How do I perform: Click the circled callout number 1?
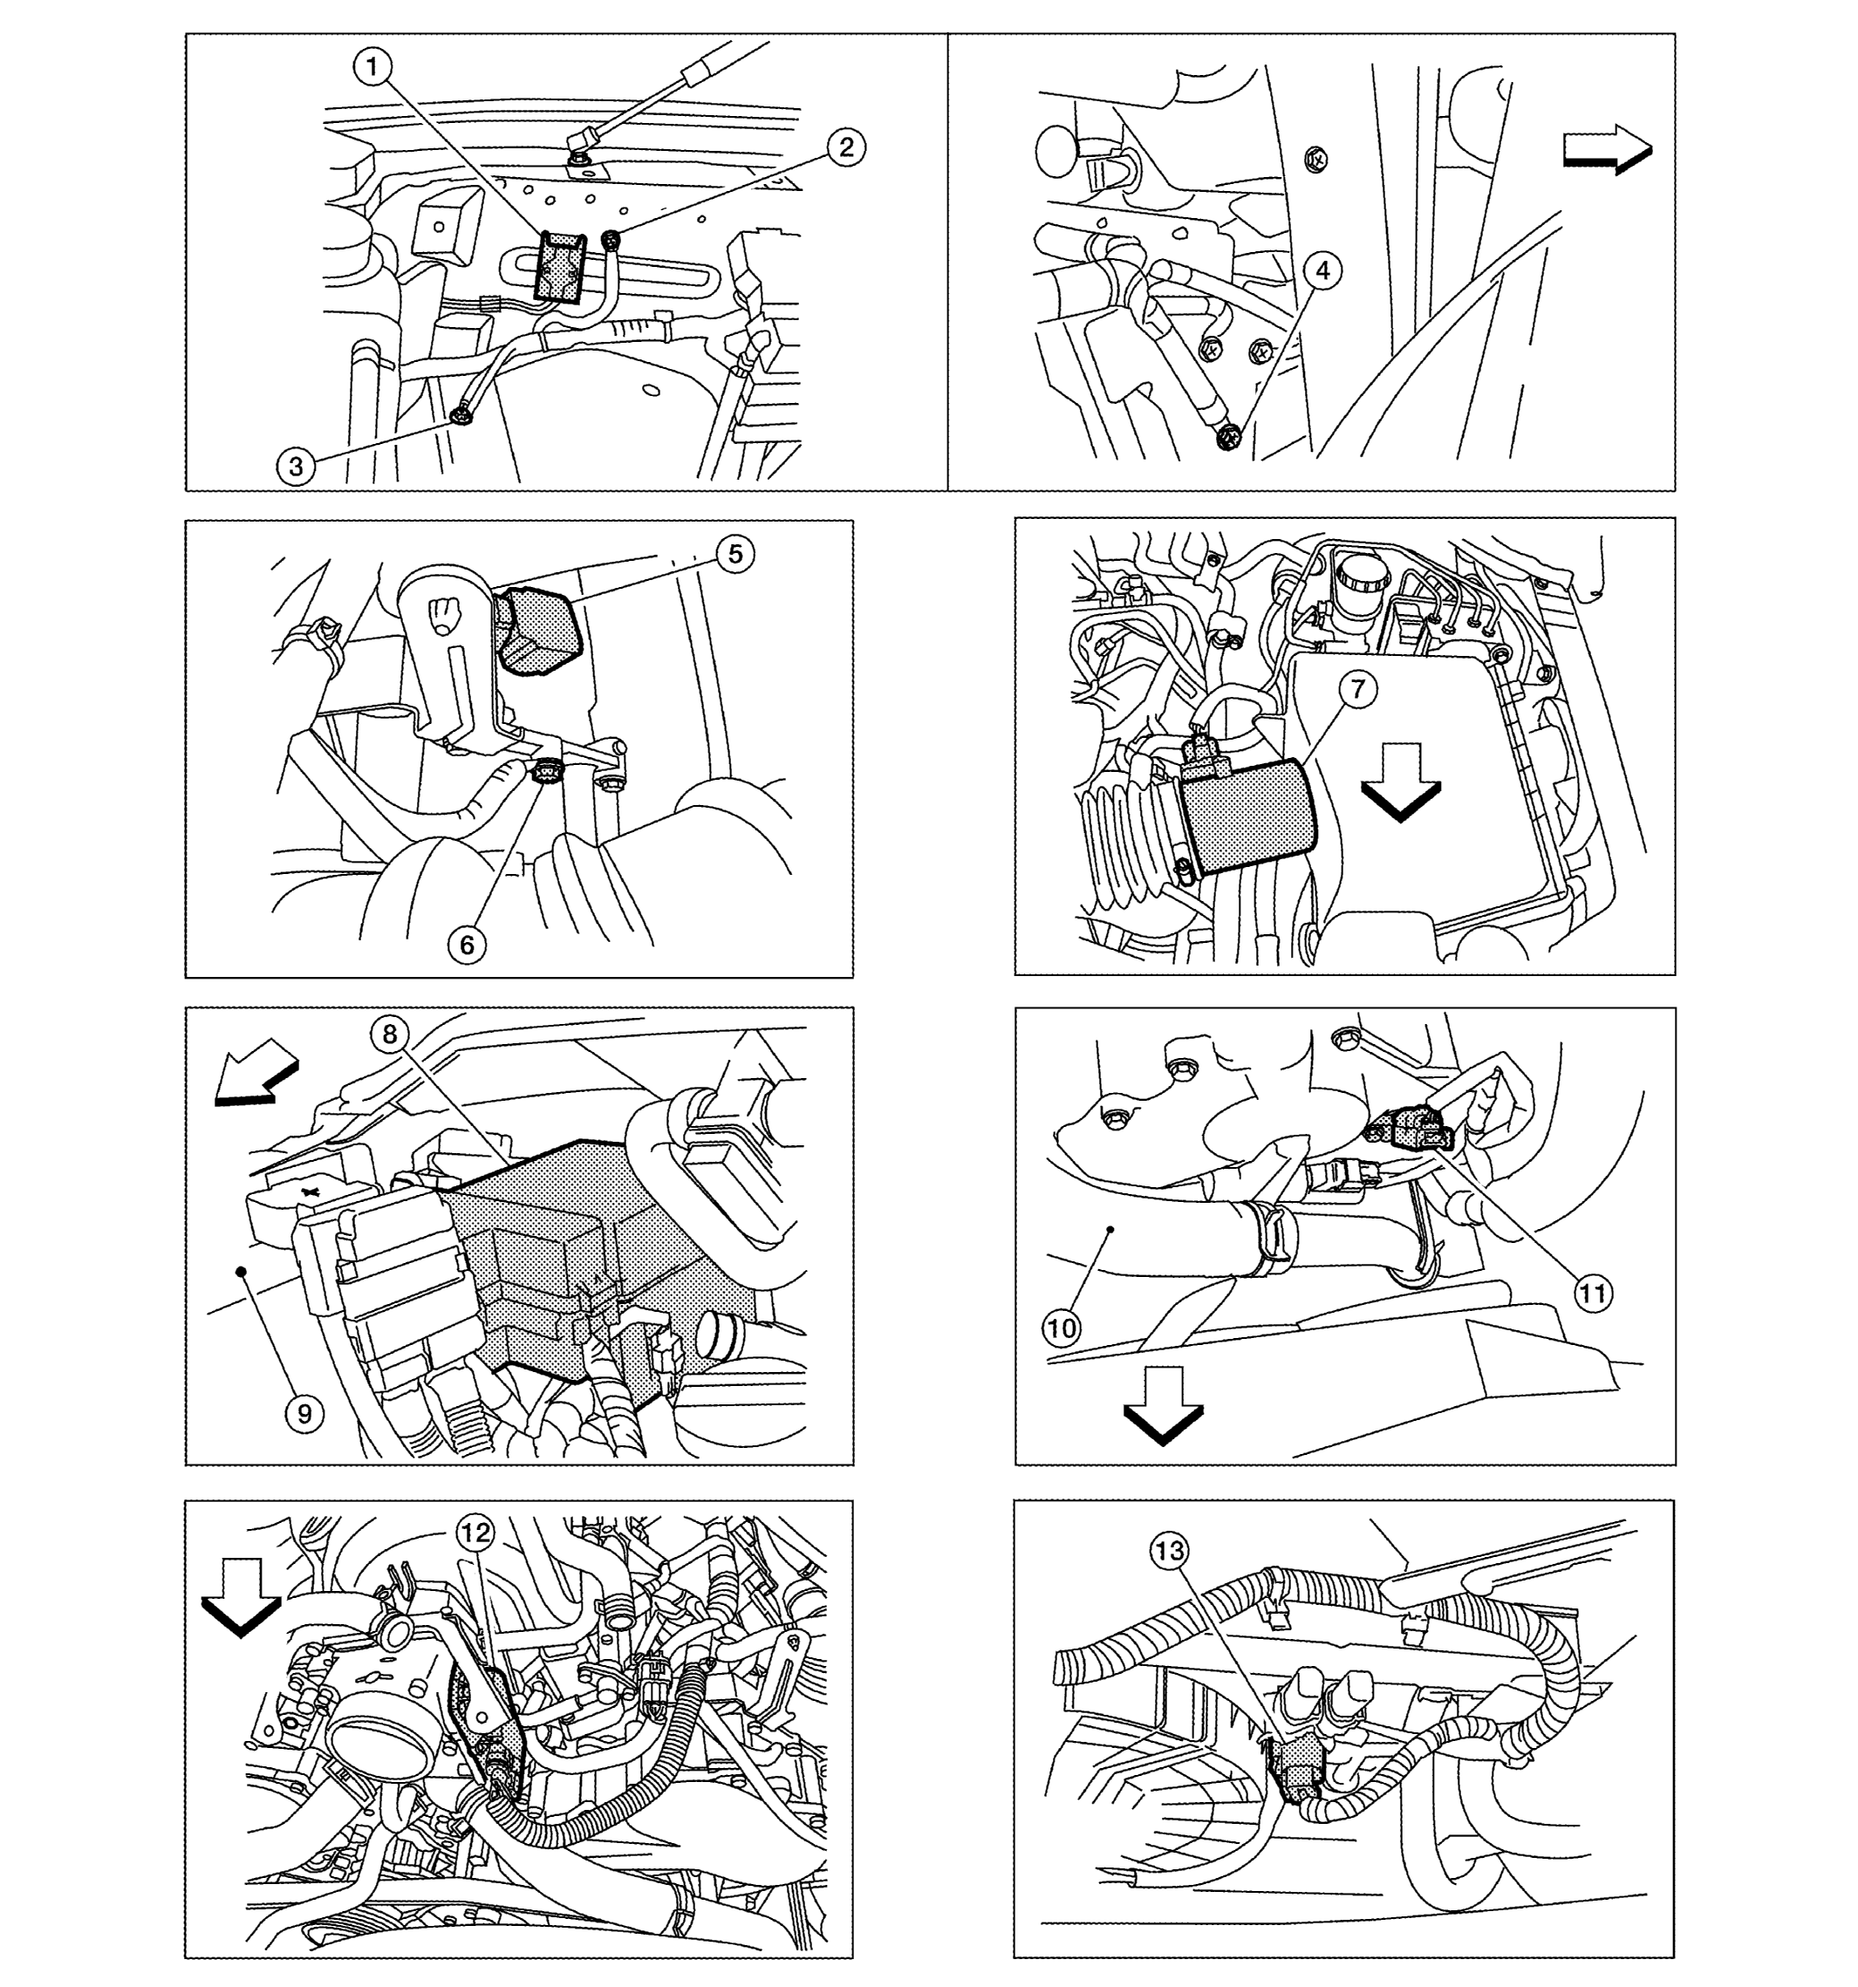tap(372, 68)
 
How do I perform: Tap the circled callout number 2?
tap(846, 148)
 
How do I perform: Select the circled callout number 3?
tap(297, 466)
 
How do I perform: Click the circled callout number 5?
tap(735, 554)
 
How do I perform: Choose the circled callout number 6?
tap(468, 945)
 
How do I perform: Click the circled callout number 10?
tap(1062, 1328)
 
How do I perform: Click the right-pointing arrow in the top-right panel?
tap(1607, 150)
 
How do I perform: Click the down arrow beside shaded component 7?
tap(1400, 782)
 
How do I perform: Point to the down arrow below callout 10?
tap(1164, 1405)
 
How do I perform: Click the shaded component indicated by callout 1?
tap(561, 266)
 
